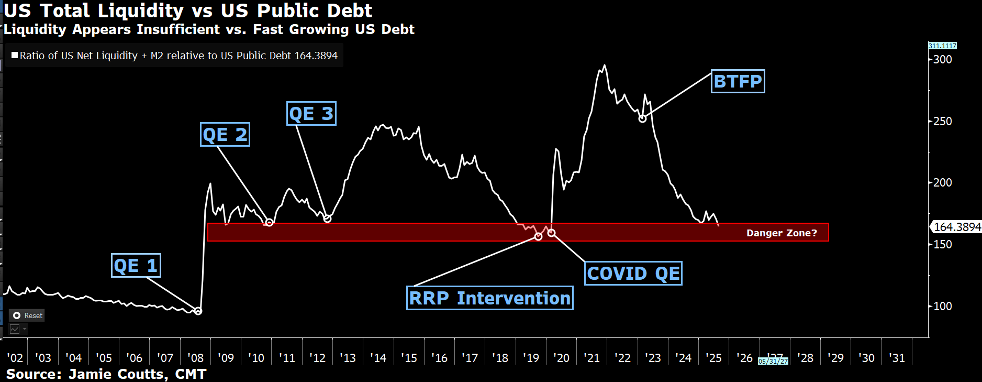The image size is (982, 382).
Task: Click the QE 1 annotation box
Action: point(136,266)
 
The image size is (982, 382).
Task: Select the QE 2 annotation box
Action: point(225,135)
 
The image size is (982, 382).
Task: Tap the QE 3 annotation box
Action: point(311,114)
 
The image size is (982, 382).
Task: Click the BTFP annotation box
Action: point(738,82)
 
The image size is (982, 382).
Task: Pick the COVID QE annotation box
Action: point(633,274)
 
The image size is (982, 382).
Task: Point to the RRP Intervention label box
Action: point(489,298)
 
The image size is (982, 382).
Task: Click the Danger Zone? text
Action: point(781,233)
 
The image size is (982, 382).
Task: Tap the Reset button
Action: point(27,315)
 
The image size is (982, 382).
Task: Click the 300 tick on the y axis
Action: point(942,60)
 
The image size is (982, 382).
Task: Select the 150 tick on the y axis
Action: point(942,245)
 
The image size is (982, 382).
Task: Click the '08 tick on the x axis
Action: point(195,358)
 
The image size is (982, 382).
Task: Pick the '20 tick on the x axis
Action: point(561,358)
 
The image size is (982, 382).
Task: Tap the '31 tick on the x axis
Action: point(897,358)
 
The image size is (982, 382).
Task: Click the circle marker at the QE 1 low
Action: point(198,311)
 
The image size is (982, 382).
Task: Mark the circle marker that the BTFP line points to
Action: point(642,119)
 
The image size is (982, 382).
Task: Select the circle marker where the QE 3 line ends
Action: point(327,219)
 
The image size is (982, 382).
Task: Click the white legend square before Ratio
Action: point(15,55)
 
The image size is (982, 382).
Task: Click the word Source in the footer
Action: point(33,374)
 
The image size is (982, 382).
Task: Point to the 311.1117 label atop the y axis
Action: point(942,46)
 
